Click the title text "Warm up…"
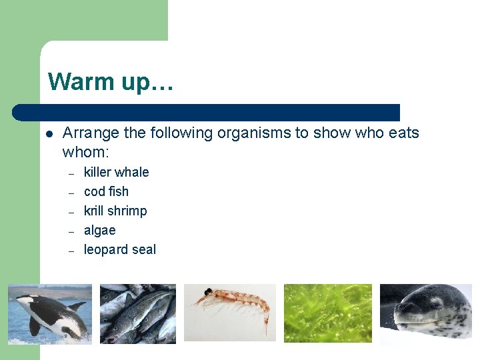(111, 81)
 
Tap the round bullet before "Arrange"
(49, 133)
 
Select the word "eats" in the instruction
(403, 133)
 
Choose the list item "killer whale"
(116, 172)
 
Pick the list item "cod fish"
(106, 191)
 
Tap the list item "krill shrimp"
(115, 211)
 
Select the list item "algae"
(99, 230)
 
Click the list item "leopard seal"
(120, 249)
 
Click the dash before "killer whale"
(70, 173)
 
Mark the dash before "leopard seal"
(70, 250)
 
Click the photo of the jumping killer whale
(50, 313)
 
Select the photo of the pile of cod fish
(138, 313)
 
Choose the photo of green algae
(327, 313)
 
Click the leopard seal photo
(425, 313)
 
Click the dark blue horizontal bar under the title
(207, 112)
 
